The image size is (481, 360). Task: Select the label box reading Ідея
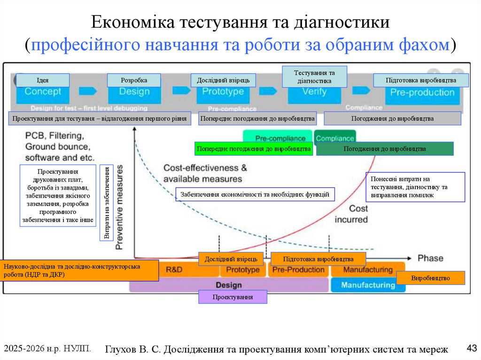point(42,80)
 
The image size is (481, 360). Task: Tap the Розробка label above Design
point(134,80)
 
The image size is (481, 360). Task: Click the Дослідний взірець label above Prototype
point(223,80)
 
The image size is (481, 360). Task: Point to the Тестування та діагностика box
point(314,77)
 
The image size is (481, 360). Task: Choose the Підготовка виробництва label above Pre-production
point(421,80)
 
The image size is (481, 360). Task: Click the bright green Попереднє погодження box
point(254,149)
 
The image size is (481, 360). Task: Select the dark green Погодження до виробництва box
point(385,149)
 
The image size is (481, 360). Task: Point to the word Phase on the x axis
point(430,258)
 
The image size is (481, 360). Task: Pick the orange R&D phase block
point(174,270)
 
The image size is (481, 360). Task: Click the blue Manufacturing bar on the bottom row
point(367,285)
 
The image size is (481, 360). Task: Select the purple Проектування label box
point(233,297)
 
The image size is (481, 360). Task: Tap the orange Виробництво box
point(430,278)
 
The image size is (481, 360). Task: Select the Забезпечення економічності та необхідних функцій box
point(255,194)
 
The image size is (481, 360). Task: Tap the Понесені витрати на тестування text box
point(415,187)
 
